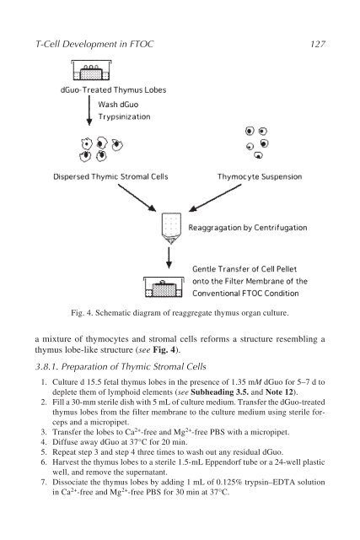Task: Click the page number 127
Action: tap(317, 44)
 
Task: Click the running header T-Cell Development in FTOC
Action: tap(94, 44)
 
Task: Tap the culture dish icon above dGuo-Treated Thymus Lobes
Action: tap(91, 70)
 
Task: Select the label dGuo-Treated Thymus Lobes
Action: tap(113, 90)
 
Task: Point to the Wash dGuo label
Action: tap(118, 105)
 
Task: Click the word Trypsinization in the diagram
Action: tap(124, 116)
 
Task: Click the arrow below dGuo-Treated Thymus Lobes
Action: tap(89, 111)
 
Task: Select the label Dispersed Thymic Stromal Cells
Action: tap(110, 176)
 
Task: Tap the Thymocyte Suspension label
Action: tap(260, 176)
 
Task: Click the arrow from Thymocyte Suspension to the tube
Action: tap(215, 197)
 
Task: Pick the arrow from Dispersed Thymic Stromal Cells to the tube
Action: tap(137, 197)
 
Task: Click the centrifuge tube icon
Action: tap(171, 229)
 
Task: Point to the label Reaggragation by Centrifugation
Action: tap(248, 228)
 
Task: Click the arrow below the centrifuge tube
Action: tap(169, 257)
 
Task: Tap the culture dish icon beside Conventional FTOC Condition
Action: tap(164, 287)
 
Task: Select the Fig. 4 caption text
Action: tap(180, 313)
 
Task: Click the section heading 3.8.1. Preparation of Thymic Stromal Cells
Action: tap(121, 366)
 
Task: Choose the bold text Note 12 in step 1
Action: tap(279, 391)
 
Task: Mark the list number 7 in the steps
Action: tap(43, 482)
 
